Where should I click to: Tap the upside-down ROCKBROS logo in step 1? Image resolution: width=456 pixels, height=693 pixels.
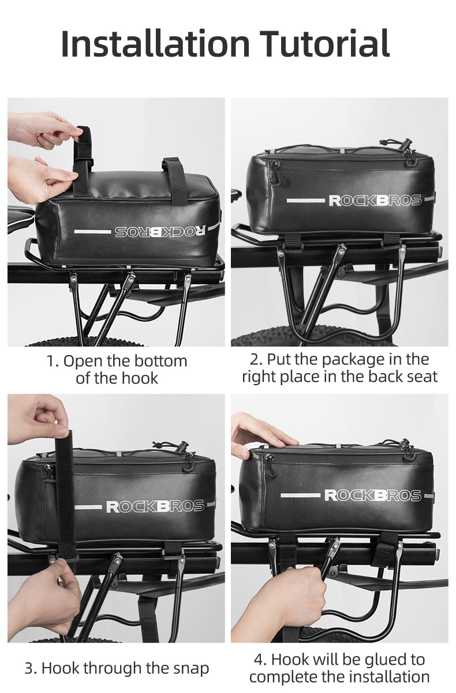[159, 231]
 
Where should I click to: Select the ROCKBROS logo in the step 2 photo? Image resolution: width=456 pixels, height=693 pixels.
[375, 200]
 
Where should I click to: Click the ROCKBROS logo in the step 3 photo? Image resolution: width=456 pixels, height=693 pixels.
[155, 506]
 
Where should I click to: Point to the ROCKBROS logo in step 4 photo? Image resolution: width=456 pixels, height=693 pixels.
[372, 495]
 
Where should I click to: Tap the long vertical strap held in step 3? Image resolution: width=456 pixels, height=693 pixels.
[64, 491]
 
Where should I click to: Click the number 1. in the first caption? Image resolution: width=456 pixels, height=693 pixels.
[53, 362]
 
